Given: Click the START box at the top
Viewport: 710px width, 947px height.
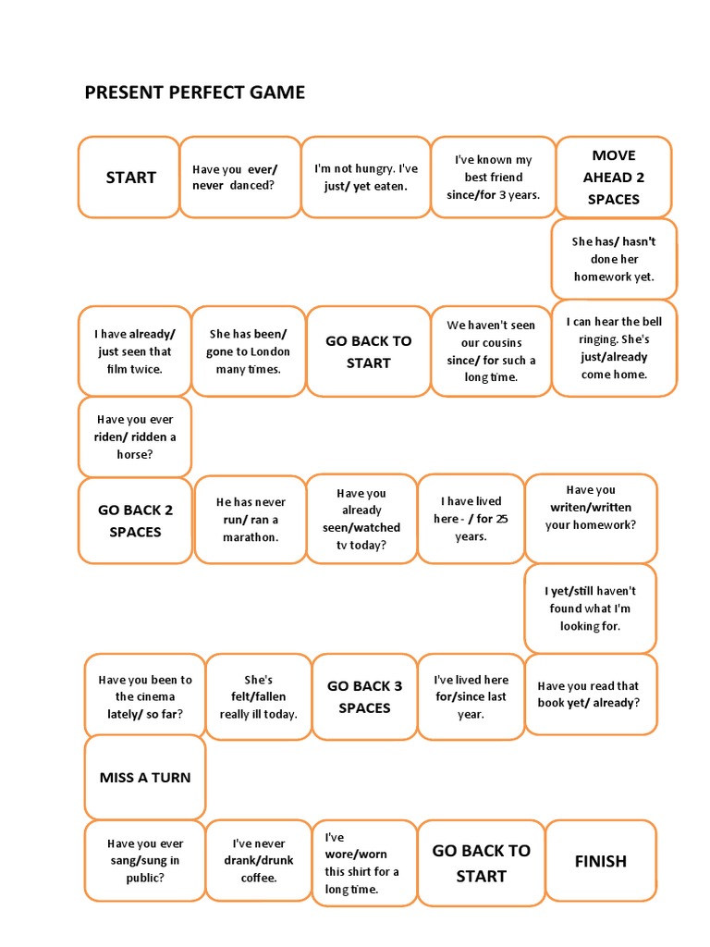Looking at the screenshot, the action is pyautogui.click(x=129, y=178).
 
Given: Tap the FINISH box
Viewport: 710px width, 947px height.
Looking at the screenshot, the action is pyautogui.click(x=600, y=861).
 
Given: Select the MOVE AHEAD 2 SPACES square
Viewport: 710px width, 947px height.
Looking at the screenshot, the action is pyautogui.click(x=613, y=177).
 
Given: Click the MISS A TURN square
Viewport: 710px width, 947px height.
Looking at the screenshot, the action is pyautogui.click(x=145, y=777).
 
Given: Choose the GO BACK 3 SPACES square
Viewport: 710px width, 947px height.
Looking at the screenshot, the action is pyautogui.click(x=364, y=696).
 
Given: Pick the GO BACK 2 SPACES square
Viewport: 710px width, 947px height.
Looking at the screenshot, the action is pyautogui.click(x=135, y=520).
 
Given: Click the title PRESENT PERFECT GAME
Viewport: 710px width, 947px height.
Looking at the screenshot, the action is pyautogui.click(x=194, y=92).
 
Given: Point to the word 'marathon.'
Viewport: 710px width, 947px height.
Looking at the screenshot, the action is pyautogui.click(x=250, y=536).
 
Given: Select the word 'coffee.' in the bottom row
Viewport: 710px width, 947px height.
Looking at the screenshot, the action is pyautogui.click(x=259, y=878).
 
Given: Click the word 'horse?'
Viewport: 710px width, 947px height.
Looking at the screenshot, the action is pyautogui.click(x=135, y=454).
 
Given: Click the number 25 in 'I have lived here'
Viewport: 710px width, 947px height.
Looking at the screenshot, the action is pyautogui.click(x=500, y=519).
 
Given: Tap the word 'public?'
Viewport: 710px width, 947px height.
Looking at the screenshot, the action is pyautogui.click(x=145, y=878).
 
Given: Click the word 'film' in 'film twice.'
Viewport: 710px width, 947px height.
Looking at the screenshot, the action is pyautogui.click(x=117, y=369).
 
